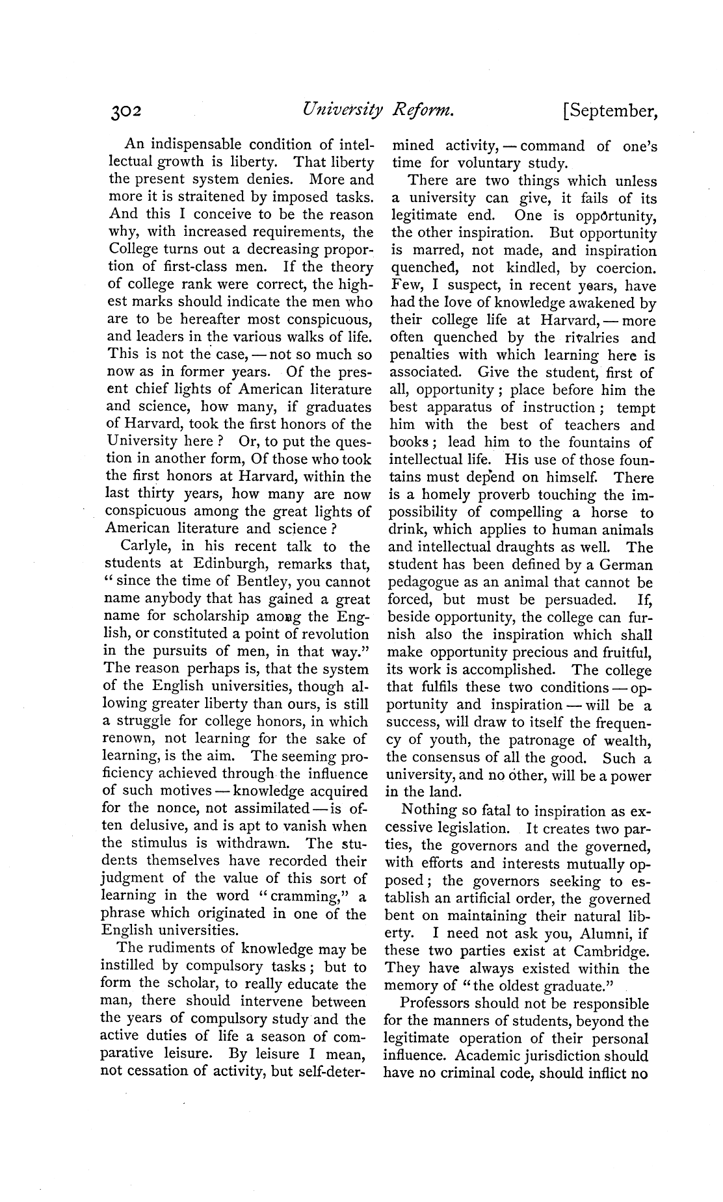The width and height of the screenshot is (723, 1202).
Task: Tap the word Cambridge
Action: click(x=612, y=951)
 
